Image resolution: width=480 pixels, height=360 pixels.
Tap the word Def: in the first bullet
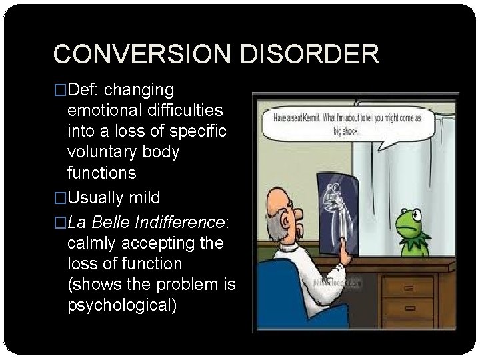[x=84, y=90]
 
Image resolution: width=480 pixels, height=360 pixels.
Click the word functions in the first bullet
[x=102, y=173]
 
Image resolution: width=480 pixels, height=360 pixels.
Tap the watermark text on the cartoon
[x=337, y=282]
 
